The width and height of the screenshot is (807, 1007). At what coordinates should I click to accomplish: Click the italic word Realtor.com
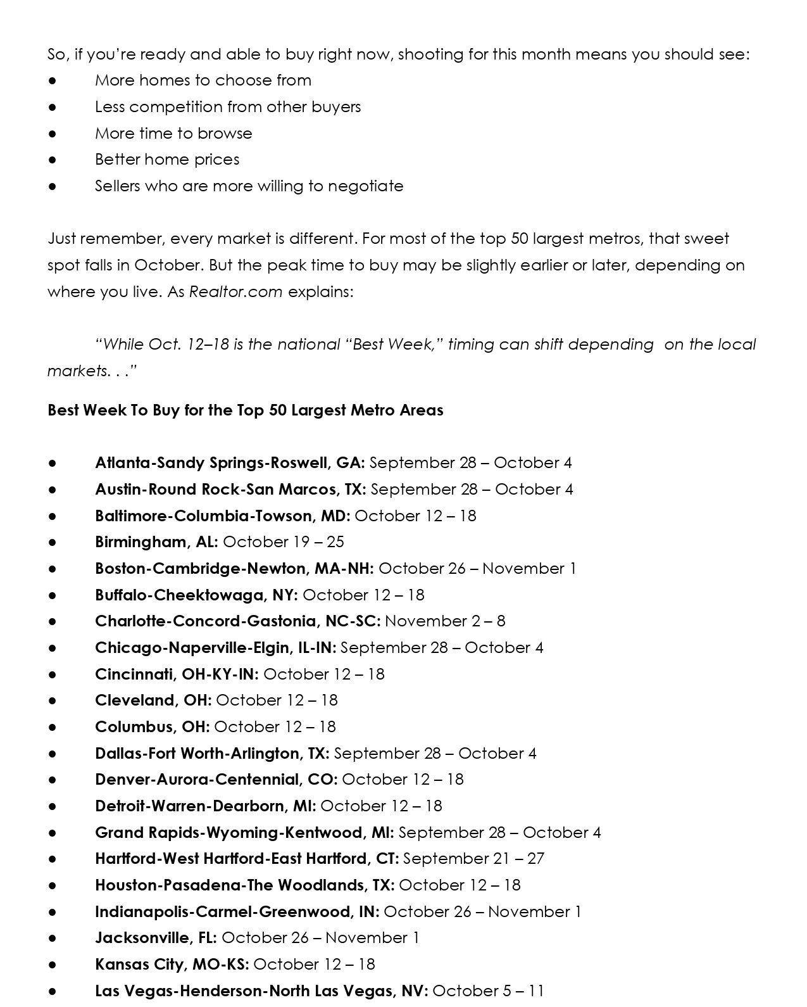[235, 292]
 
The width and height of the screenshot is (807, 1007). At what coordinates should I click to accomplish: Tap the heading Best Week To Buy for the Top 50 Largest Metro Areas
[245, 410]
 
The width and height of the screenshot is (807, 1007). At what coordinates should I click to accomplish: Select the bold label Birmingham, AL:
[156, 542]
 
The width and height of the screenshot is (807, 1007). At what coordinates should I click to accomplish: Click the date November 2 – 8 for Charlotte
[445, 621]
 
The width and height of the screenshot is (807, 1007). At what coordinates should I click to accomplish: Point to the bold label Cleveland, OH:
[153, 700]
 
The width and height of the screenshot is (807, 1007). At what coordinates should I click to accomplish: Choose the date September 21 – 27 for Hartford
[473, 859]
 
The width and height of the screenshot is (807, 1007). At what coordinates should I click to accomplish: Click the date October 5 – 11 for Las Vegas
[488, 991]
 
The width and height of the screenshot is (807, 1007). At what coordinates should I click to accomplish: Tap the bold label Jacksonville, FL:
[156, 938]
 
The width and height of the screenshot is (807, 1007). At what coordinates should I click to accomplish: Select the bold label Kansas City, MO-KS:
[172, 965]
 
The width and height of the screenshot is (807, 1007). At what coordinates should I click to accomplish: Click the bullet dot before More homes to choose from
[53, 81]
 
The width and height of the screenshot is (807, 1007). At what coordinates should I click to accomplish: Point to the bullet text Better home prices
[167, 160]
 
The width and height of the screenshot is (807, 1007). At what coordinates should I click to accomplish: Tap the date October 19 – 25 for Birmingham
[284, 542]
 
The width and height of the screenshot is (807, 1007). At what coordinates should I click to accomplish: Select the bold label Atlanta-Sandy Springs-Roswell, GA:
[230, 463]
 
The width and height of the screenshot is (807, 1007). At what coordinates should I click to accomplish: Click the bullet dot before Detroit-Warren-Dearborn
[53, 807]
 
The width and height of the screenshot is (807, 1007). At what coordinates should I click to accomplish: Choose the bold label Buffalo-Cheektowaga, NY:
[196, 595]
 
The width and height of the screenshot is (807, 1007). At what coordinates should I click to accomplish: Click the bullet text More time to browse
[173, 134]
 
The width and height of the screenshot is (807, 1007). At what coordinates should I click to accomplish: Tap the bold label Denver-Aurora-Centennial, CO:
[216, 780]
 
